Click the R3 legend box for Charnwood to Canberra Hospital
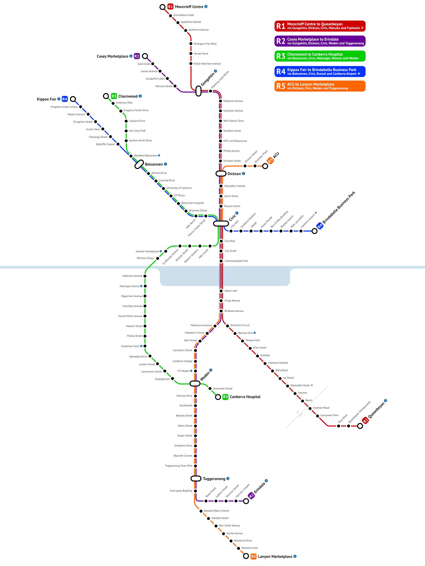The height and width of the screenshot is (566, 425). tap(320, 56)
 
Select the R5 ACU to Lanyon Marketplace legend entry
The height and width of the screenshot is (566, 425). tap(320, 86)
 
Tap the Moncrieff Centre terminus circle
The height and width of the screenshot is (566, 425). tap(162, 7)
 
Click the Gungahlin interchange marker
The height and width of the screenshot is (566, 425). tap(198, 91)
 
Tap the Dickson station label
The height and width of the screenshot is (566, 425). tap(234, 174)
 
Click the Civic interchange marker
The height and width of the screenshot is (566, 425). tap(221, 223)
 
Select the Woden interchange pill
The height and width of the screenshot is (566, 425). tap(195, 383)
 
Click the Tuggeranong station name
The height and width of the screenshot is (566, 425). tap(214, 479)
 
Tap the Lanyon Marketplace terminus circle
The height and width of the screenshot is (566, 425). tap(246, 556)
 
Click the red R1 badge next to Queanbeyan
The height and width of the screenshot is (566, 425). tap(365, 420)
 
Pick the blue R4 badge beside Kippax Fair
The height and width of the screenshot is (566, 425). tap(65, 99)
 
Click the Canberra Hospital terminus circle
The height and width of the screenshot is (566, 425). tap(218, 397)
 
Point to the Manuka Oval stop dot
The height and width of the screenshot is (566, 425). tap(235, 333)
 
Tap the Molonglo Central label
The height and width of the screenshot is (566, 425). tap(130, 286)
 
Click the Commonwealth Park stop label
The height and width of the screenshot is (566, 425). tap(236, 261)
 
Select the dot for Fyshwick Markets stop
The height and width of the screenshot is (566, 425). tap(265, 363)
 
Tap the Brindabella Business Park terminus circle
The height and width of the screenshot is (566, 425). tap(314, 231)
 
